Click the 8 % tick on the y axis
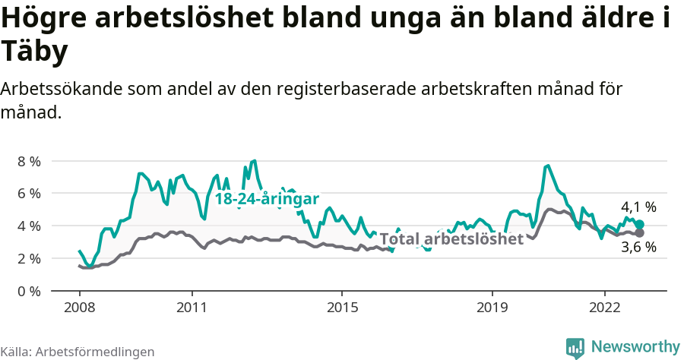[x=29, y=161]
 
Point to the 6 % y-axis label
[x=29, y=194]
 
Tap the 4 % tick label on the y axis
[x=29, y=226]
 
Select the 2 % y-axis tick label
[x=29, y=259]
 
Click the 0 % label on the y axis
[x=29, y=291]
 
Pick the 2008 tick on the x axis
[x=79, y=309]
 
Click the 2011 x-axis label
[x=192, y=309]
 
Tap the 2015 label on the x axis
[x=342, y=309]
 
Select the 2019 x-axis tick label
[x=492, y=309]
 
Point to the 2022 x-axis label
[x=604, y=309]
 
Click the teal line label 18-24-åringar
[x=266, y=199]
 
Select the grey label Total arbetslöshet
[x=451, y=239]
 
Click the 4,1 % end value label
[x=638, y=207]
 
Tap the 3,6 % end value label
[x=638, y=248]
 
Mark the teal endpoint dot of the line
[x=640, y=225]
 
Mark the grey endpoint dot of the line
[x=640, y=232]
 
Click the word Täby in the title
[x=35, y=52]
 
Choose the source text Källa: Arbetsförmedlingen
[x=78, y=352]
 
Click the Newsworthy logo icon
[x=575, y=347]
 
